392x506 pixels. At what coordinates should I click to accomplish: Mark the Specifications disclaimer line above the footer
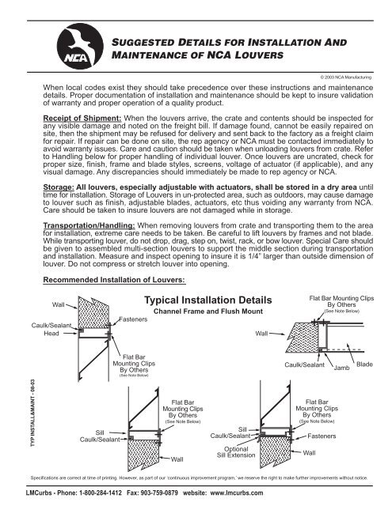pyautogui.click(x=198, y=478)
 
